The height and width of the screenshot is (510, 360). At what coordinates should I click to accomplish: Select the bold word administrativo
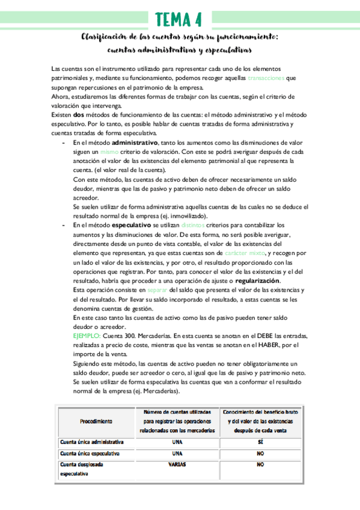point(133,143)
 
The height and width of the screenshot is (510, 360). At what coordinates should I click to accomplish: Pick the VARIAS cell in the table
point(177,465)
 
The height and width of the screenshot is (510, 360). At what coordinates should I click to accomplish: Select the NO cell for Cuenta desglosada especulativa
point(260,465)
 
